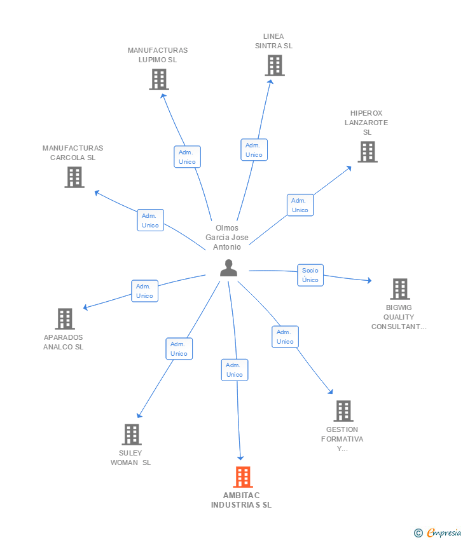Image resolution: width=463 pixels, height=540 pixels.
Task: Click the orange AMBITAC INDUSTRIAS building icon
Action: coord(243,477)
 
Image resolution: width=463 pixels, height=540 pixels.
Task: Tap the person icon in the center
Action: coord(228,268)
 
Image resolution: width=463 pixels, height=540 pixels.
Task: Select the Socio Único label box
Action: coord(310,275)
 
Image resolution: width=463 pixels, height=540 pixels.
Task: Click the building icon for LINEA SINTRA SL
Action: coord(275,65)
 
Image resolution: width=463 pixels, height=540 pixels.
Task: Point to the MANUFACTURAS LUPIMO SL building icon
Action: coord(159,79)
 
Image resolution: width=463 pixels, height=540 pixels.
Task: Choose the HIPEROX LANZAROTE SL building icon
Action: coord(368,152)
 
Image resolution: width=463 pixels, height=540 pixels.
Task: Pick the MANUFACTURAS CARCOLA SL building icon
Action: coord(74,177)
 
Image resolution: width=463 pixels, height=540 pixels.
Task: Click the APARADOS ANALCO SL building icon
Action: coord(65,318)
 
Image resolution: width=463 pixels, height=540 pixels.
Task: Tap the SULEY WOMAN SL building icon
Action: coord(132,435)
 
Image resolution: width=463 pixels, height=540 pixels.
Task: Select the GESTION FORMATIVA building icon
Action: coord(343,411)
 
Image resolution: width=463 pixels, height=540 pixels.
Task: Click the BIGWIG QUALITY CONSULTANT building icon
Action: coord(400,289)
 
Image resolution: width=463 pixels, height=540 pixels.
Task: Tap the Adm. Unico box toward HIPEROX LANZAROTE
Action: coord(300,205)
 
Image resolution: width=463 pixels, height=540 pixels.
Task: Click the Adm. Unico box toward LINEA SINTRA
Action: coord(254,150)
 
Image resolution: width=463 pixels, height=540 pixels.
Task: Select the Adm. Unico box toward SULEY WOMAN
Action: coord(179,349)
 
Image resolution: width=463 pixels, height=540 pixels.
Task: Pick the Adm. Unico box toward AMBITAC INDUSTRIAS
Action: coord(235,370)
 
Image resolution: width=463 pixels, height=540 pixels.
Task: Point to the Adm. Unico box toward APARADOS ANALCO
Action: coord(145,291)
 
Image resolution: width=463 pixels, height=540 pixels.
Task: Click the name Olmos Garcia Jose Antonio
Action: coord(227,238)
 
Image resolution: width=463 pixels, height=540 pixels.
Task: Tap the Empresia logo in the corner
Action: coord(438,532)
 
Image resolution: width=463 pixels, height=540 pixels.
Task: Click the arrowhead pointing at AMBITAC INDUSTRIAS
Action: coord(240,458)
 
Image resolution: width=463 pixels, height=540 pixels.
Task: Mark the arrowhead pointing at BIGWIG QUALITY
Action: coord(370,280)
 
